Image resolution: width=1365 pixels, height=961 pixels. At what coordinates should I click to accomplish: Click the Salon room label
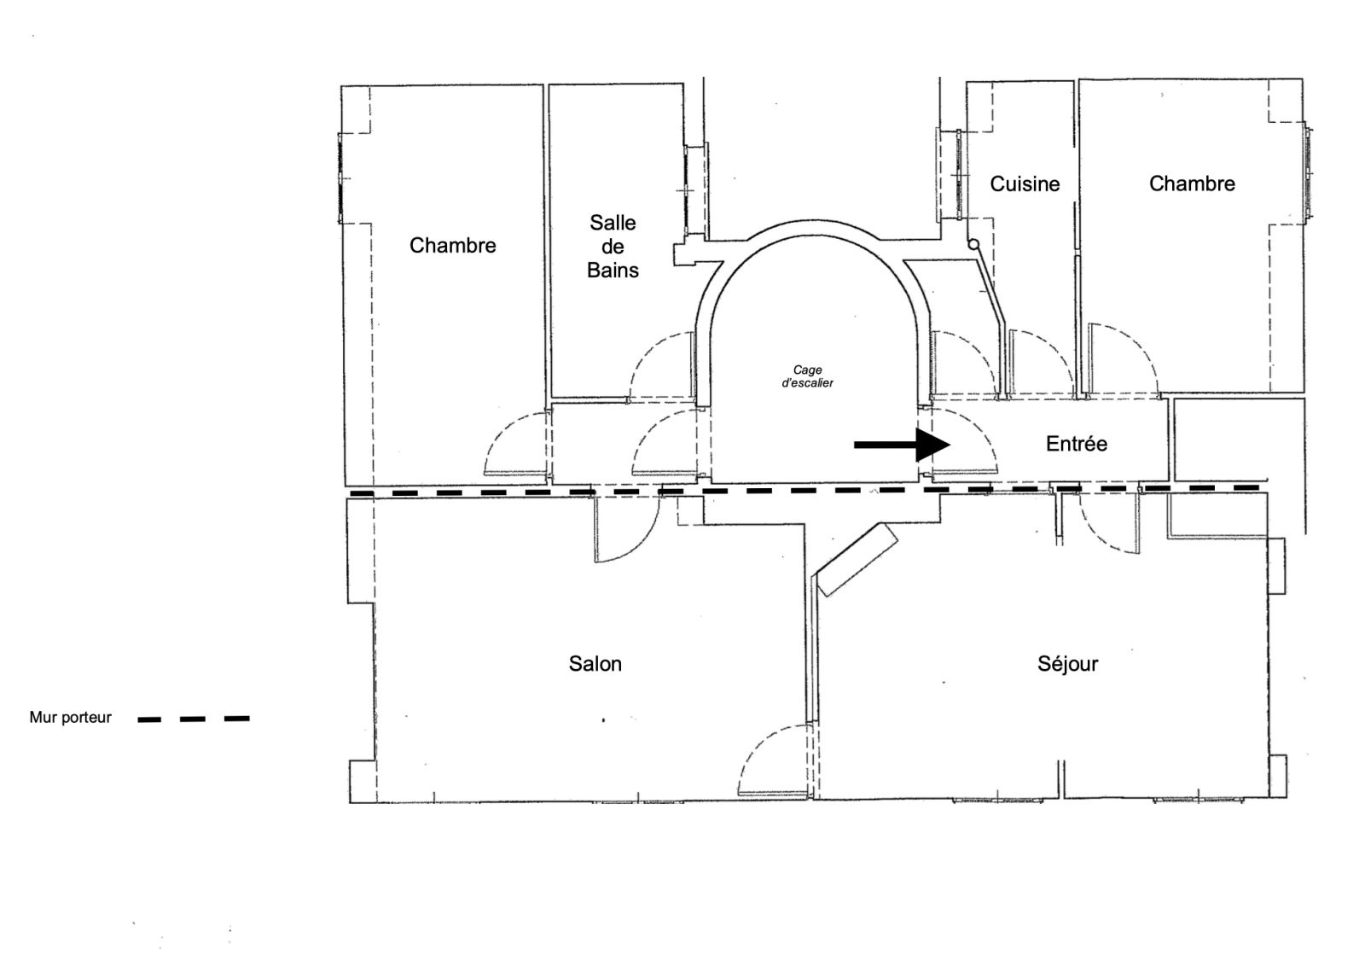pos(595,664)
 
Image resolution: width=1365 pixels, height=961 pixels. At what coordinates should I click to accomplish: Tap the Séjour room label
pos(1067,663)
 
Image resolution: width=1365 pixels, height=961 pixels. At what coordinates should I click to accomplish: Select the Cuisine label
pos(1025,184)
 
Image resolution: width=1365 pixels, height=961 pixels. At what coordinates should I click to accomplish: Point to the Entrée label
pos(1076,443)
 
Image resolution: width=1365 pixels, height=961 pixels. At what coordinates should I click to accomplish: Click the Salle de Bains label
pos(613,247)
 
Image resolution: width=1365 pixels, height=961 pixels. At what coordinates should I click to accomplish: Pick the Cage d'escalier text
pos(807,376)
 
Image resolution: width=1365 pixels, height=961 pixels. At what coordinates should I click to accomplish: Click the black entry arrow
pos(902,446)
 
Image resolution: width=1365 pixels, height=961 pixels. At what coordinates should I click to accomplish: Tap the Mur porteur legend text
pos(70,718)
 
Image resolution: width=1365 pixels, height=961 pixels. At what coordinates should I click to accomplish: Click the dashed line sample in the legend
pos(194,719)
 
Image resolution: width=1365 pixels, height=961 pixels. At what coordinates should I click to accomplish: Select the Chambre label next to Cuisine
pos(1192,183)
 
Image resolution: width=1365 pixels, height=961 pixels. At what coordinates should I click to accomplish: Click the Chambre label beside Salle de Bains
pos(452,245)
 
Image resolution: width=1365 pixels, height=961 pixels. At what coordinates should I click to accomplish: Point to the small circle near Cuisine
pos(973,245)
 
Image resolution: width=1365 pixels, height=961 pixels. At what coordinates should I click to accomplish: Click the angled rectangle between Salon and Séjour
pos(857,559)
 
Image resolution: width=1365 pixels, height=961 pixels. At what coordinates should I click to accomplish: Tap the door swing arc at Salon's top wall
pos(641,544)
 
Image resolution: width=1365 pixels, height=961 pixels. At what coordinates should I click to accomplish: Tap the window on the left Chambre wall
pos(340,178)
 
